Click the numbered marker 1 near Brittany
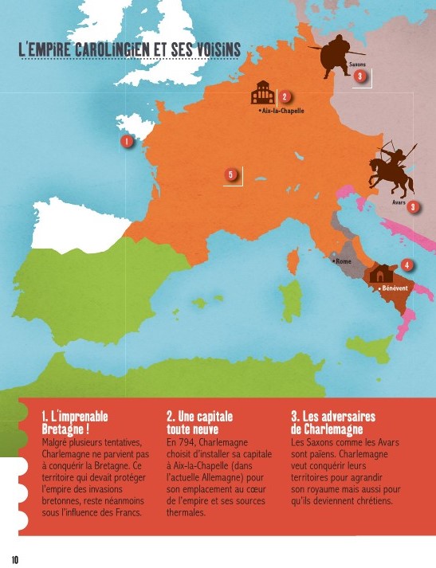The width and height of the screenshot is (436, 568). pos(126,141)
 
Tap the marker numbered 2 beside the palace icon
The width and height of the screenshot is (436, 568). pos(284,97)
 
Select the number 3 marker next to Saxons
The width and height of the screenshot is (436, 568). pos(360,76)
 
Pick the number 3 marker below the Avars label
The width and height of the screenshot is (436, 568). pos(412,206)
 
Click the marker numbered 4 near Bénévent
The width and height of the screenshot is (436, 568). pos(407,264)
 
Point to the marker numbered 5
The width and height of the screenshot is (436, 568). pos(231,174)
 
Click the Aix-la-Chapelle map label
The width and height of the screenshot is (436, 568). pos(284,110)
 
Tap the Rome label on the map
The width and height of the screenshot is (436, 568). pos(342,260)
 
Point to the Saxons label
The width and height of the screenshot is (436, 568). pos(358,62)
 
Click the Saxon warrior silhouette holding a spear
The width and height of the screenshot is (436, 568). pos(336,57)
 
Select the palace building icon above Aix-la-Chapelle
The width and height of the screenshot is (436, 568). pos(262,93)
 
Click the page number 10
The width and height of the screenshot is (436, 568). pos(15,558)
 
